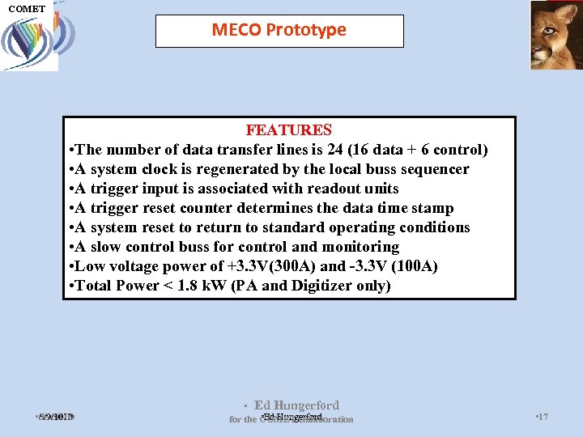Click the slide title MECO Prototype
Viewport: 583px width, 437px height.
pyautogui.click(x=279, y=30)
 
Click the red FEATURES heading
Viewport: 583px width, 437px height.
pyautogui.click(x=288, y=130)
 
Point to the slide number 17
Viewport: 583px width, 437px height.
pyautogui.click(x=543, y=417)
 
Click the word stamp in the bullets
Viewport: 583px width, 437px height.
pyautogui.click(x=433, y=208)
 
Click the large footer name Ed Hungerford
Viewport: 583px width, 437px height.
pyautogui.click(x=296, y=405)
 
